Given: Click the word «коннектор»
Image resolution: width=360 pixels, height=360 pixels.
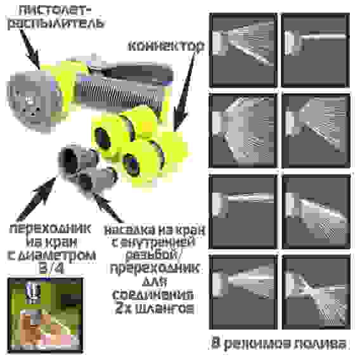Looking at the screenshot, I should coord(166,48).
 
